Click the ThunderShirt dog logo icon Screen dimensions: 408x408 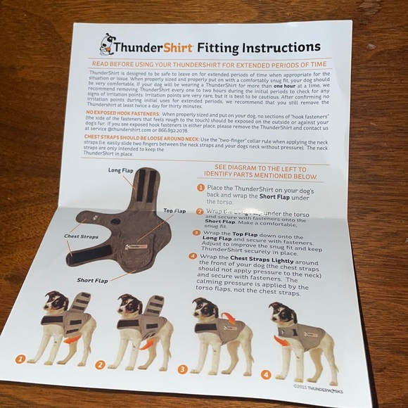pyautogui.click(x=108, y=44)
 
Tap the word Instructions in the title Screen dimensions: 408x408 pyautogui.click(x=281, y=48)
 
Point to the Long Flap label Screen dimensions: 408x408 pyautogui.click(x=122, y=170)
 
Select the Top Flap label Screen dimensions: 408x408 pyautogui.click(x=175, y=210)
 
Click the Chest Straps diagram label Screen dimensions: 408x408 pyautogui.click(x=79, y=236)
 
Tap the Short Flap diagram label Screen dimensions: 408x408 pyautogui.click(x=93, y=279)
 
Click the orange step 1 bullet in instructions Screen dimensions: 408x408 pyautogui.click(x=201, y=188)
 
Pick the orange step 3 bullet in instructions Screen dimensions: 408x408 pyautogui.click(x=196, y=232)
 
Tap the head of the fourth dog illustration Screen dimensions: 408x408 pyautogui.click(x=281, y=314)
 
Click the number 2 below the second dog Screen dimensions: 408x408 pyautogui.click(x=99, y=364)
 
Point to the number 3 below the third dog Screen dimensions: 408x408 pyautogui.click(x=181, y=369)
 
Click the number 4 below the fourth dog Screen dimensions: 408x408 pyautogui.click(x=265, y=374)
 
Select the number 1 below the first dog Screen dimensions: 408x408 pyautogui.click(x=20, y=359)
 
